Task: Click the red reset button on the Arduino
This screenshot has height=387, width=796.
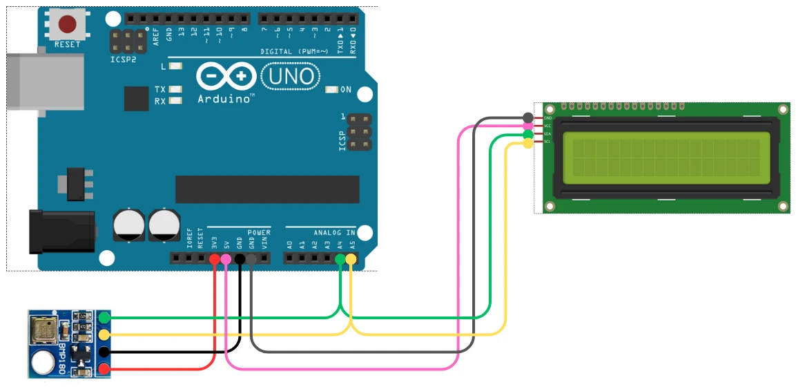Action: tap(67, 25)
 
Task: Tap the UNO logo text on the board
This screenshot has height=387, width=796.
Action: tap(290, 75)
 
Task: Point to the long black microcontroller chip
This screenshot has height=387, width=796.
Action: tap(267, 189)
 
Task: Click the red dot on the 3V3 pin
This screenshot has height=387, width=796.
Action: tap(214, 260)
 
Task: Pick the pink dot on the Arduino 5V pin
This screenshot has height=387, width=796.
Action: tap(226, 260)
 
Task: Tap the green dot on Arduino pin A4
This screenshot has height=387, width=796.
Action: tap(340, 260)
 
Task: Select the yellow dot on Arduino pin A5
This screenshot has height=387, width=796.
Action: tap(351, 260)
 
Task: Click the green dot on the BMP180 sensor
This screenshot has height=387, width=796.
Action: tap(104, 318)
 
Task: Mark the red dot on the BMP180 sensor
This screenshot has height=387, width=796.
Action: tap(104, 369)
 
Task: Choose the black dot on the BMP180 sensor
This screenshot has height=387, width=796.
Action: tap(104, 352)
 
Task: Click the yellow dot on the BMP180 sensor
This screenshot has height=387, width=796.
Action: tap(104, 335)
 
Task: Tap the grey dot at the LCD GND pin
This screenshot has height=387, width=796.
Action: tap(528, 117)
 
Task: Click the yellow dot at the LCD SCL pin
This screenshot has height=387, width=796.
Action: tap(528, 143)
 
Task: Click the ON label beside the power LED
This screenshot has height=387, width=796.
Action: tap(346, 90)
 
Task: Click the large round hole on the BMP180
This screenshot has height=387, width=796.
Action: tap(43, 360)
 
